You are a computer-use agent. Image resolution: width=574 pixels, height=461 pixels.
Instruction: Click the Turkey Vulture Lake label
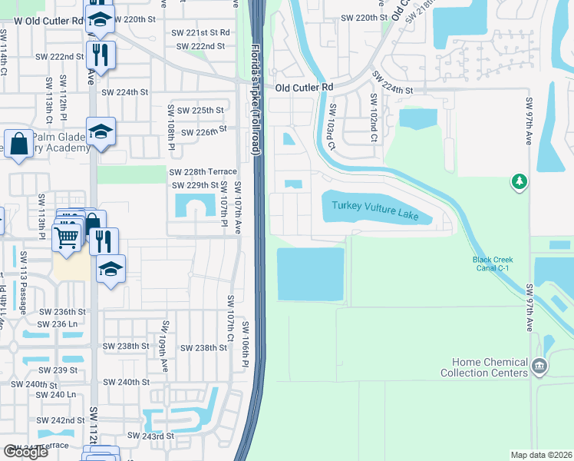[375, 210]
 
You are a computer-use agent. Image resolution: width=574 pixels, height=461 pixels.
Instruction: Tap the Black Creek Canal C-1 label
[493, 264]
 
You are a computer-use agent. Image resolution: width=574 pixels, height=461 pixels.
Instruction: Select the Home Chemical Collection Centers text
[490, 367]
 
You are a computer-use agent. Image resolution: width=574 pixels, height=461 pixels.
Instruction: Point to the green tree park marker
[520, 181]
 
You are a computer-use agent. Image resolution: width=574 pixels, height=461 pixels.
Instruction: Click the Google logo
[25, 452]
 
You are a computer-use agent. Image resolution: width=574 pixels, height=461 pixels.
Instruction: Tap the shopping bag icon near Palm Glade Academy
[17, 144]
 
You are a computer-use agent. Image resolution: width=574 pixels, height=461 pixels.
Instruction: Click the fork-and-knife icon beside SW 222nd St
[101, 54]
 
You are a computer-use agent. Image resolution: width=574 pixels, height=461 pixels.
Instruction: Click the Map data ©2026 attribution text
[541, 455]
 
